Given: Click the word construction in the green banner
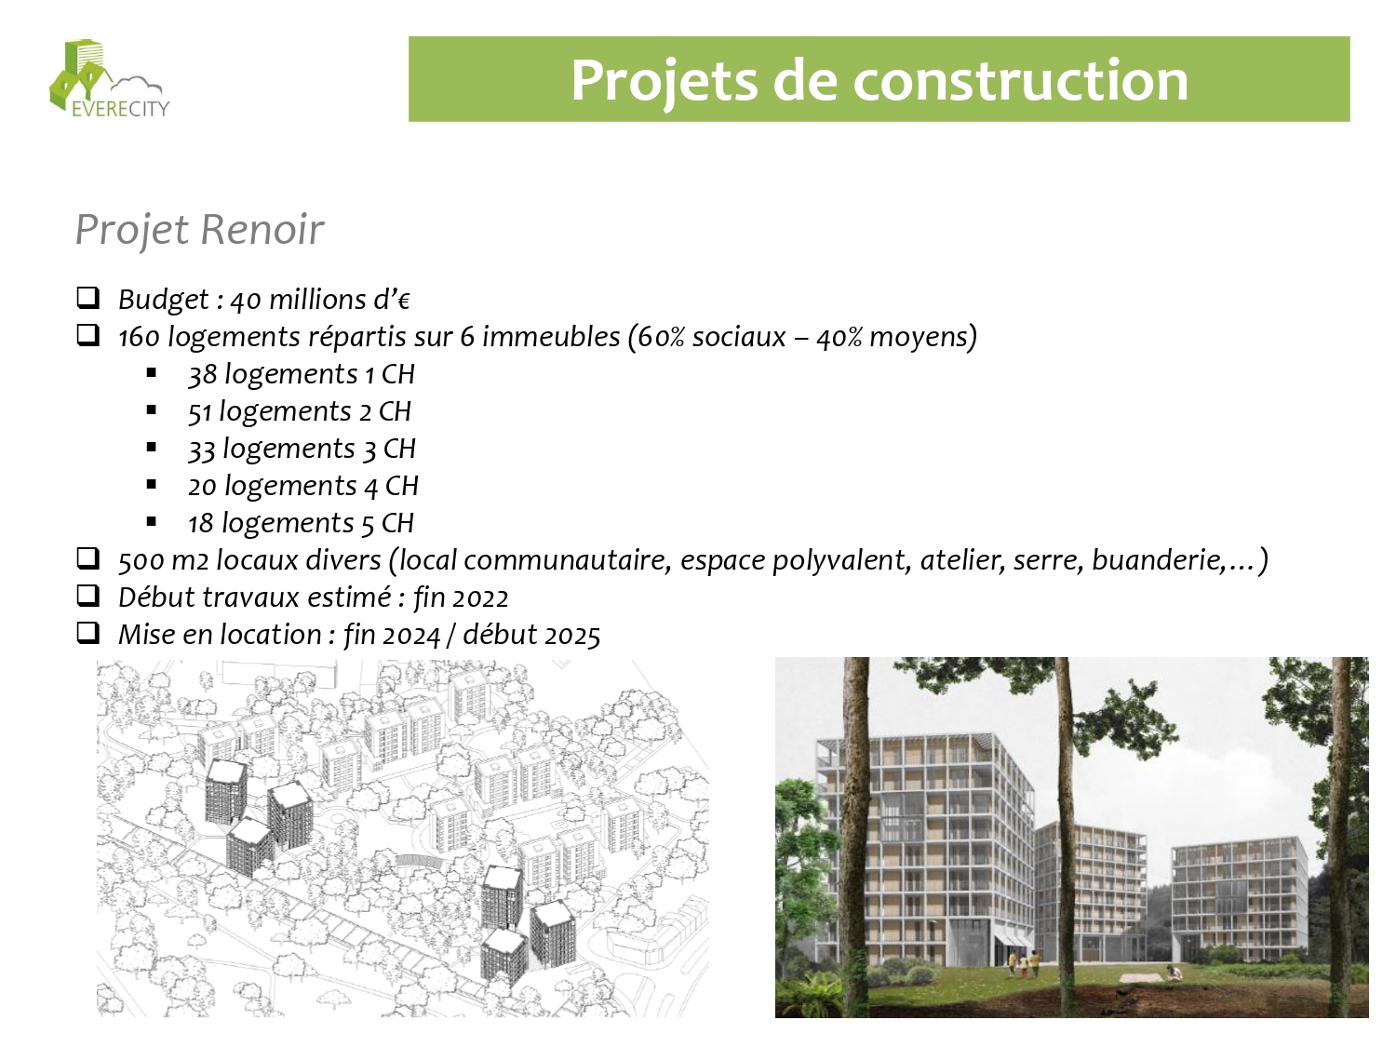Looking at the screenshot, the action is (1020, 80).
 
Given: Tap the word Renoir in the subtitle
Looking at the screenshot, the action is (262, 229).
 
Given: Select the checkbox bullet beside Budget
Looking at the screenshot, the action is (87, 298).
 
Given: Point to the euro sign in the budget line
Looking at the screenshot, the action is (403, 301).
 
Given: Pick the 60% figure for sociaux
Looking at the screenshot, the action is (661, 337).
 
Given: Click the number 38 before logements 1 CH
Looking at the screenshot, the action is (202, 374).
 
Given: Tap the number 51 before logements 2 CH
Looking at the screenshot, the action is (199, 412).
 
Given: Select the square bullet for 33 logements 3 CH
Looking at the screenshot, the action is (152, 448).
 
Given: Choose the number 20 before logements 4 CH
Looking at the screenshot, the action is (202, 487).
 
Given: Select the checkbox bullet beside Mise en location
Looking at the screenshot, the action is (87, 633).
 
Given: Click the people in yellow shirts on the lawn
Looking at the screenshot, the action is (1024, 964).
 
